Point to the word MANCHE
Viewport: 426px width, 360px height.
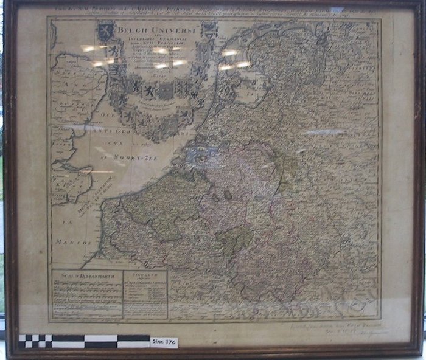point(68,241)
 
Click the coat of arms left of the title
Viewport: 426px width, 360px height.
point(107,30)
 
